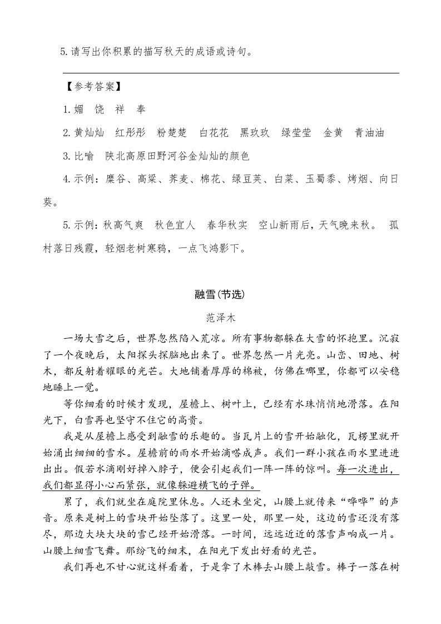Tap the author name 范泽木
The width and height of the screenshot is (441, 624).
pos(220,318)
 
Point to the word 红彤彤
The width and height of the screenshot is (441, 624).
pos(130,132)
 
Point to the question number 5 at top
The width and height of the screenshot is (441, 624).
pos(63,53)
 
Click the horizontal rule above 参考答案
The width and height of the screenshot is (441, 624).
pos(231,73)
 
